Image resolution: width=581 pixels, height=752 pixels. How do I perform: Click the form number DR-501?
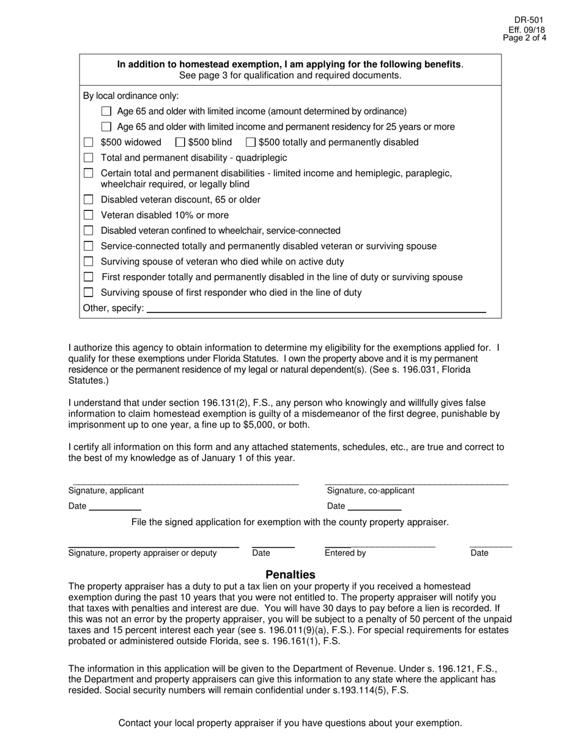tap(529, 20)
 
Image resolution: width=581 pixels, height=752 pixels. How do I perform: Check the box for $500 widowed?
tap(89, 142)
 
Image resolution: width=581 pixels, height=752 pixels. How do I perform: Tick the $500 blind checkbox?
tap(180, 142)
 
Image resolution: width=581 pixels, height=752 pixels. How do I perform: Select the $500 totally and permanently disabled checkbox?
tap(251, 142)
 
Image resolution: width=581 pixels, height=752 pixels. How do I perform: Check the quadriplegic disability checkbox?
tap(89, 158)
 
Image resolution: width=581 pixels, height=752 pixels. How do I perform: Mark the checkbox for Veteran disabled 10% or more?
tap(89, 215)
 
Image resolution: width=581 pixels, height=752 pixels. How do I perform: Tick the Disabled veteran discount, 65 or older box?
tap(89, 200)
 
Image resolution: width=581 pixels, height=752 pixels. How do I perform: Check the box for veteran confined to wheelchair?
tap(89, 230)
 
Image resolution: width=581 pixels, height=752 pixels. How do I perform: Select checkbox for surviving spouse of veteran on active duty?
tap(89, 262)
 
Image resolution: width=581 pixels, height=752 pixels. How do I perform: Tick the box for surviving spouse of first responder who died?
tap(89, 292)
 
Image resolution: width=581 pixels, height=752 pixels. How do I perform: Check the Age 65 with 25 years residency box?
tap(106, 127)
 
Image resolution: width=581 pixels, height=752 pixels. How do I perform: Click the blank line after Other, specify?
tap(316, 308)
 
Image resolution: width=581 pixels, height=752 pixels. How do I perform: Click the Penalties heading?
tap(290, 575)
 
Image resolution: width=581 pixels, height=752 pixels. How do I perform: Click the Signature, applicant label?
tap(106, 490)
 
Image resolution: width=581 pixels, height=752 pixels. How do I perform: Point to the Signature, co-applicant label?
tap(371, 490)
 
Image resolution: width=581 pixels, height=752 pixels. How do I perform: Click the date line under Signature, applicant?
tap(115, 506)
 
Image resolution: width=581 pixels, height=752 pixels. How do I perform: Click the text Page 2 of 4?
tap(525, 37)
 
